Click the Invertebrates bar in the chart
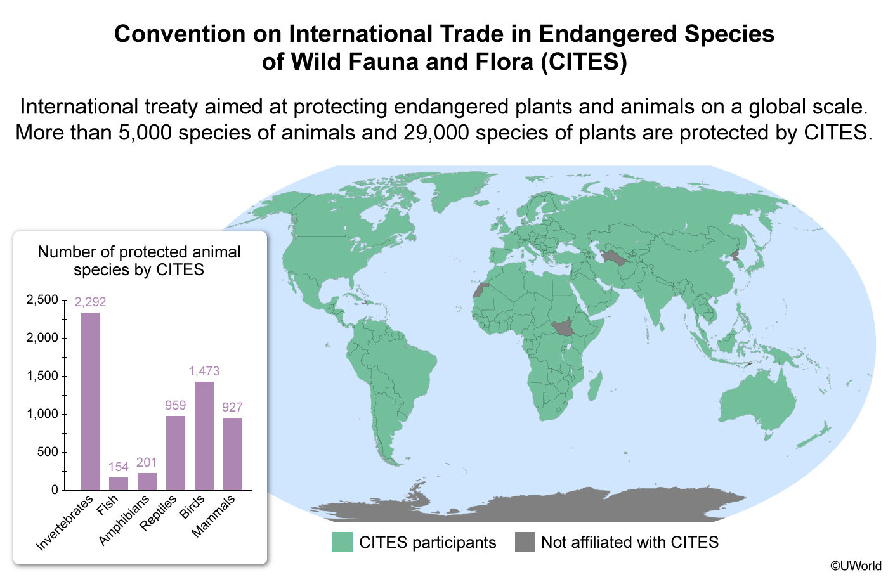[90, 401]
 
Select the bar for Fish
[118, 483]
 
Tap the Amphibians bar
[147, 481]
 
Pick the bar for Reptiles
[175, 453]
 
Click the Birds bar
[204, 436]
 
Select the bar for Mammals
[232, 453]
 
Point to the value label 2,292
[90, 302]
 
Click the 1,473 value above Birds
[204, 371]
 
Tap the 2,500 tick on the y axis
[42, 299]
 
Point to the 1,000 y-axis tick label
[42, 414]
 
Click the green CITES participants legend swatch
[342, 542]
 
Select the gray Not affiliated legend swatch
[525, 542]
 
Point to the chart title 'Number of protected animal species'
[139, 261]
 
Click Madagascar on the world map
[594, 386]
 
